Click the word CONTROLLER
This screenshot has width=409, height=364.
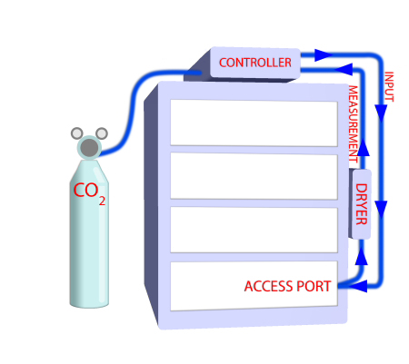coord(255,63)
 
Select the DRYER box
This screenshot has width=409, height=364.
coord(361,204)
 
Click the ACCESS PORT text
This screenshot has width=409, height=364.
coord(289,286)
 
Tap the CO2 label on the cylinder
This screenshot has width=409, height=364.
coord(88,192)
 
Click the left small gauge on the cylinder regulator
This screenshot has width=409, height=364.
coord(76,134)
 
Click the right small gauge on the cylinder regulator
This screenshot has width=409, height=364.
coord(102,133)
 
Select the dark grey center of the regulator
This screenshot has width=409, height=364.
coord(89,147)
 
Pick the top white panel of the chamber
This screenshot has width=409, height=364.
coord(254,123)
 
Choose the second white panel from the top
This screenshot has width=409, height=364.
coord(254,176)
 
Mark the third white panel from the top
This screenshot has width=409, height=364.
coord(254,230)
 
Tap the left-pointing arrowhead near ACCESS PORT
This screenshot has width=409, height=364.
coord(360,287)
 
